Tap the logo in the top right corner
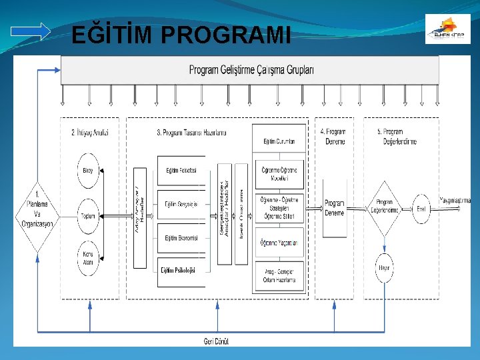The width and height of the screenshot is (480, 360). (x=447, y=29)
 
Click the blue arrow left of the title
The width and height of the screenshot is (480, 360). (x=31, y=31)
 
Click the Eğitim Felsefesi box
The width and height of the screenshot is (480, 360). (x=181, y=171)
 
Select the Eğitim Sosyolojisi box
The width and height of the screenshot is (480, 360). (x=181, y=205)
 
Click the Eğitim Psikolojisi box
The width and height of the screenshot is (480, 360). (x=181, y=271)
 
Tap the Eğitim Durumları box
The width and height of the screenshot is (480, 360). (x=279, y=141)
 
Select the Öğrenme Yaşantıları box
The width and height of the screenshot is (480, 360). (x=279, y=243)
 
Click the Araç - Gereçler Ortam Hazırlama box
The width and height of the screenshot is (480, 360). (x=279, y=276)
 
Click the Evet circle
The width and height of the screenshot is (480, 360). (x=421, y=209)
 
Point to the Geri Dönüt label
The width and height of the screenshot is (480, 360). (x=216, y=341)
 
